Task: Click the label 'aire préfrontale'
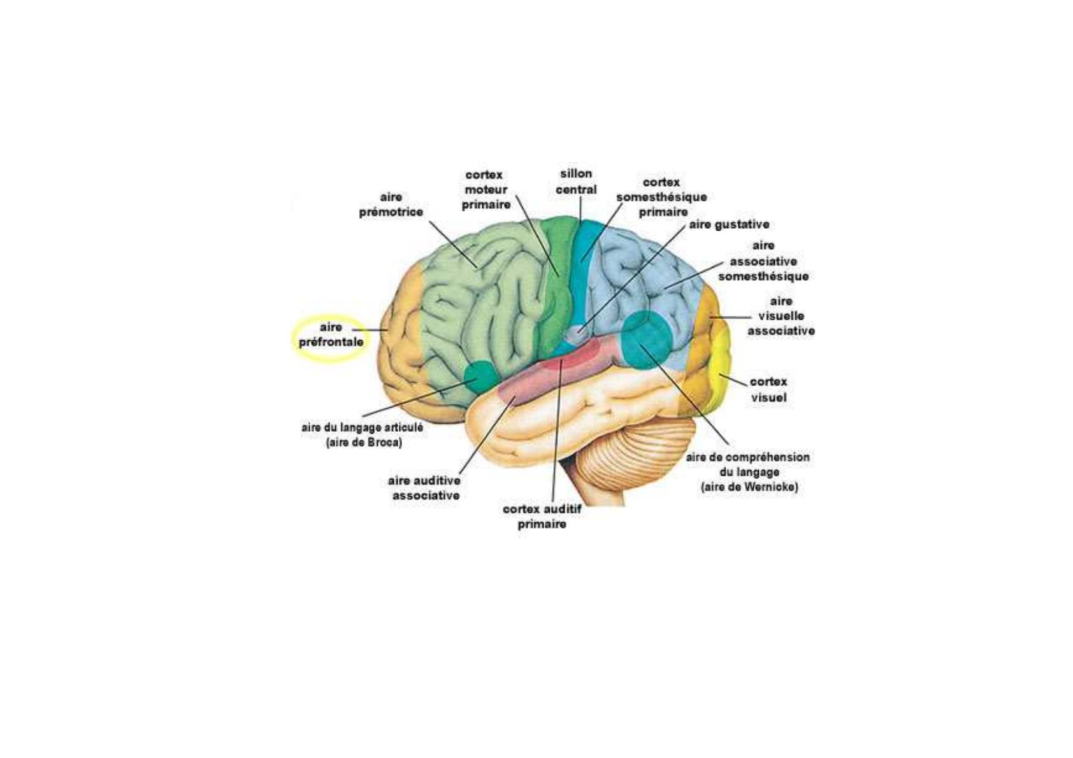tap(331, 334)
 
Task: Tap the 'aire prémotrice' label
tap(391, 204)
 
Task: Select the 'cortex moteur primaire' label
tap(486, 190)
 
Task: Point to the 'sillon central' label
tap(576, 182)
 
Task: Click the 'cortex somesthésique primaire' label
tap(661, 197)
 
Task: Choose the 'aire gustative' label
tap(729, 224)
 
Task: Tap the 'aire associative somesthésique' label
tap(763, 261)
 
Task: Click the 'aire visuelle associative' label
tap(781, 316)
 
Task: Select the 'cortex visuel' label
tap(768, 389)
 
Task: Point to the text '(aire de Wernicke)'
tap(749, 487)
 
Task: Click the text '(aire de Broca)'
tap(364, 443)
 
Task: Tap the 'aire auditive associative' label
tap(426, 487)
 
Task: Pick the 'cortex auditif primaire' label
tap(542, 517)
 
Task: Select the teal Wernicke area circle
tap(646, 340)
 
